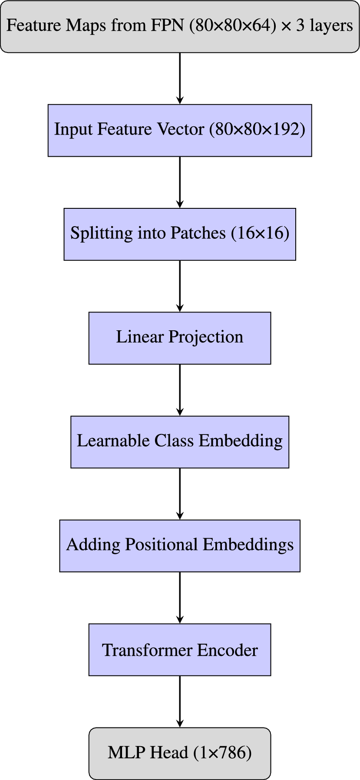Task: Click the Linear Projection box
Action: (x=179, y=338)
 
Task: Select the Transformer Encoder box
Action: (x=179, y=650)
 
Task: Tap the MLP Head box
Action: (x=179, y=753)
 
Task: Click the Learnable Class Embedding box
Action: (x=179, y=441)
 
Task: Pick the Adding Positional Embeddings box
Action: (x=179, y=545)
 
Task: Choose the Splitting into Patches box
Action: (x=179, y=234)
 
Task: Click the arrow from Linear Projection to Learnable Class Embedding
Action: (x=180, y=389)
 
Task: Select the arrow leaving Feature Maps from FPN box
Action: (x=180, y=78)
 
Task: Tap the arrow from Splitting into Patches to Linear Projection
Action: (x=180, y=286)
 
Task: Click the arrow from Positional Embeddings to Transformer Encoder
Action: (x=180, y=597)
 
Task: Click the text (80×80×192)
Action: (x=257, y=129)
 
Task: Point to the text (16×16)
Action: (x=260, y=233)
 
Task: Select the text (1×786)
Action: (x=223, y=753)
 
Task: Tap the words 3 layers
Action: (x=324, y=26)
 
